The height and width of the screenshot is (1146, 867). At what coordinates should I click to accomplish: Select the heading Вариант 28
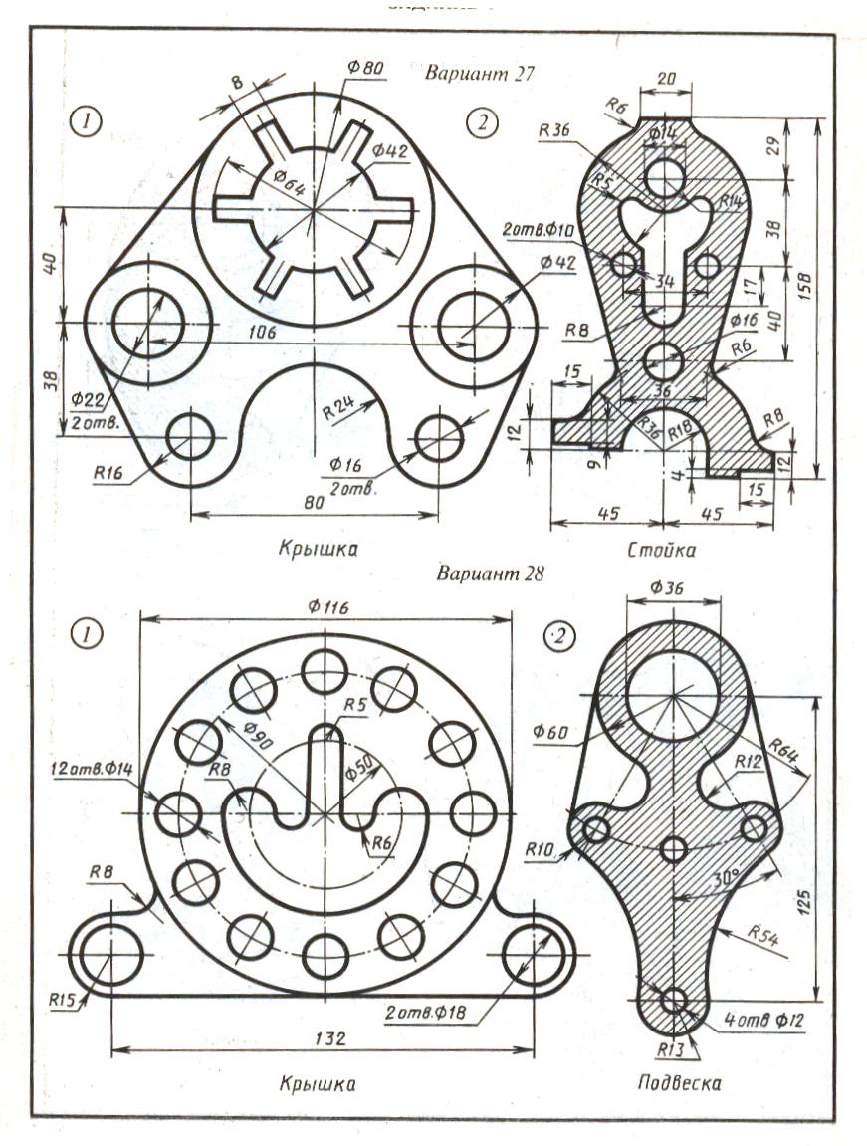tap(487, 574)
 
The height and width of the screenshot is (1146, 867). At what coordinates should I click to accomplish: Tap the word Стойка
tap(661, 550)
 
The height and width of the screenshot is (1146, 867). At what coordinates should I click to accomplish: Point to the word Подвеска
tap(679, 1083)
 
